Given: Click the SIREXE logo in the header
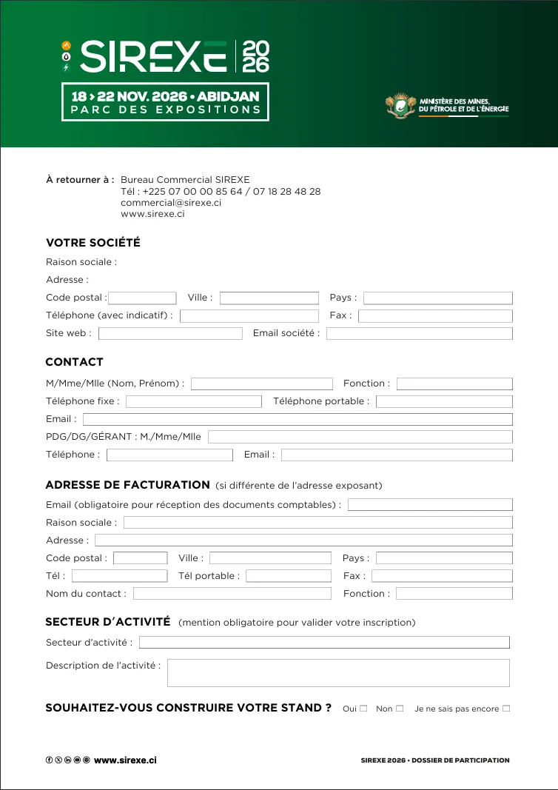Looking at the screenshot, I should pos(167,56).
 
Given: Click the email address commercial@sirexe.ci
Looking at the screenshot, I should pos(171,202).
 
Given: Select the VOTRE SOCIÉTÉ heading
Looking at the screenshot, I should pos(93,243).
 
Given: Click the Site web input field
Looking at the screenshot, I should pos(170,333).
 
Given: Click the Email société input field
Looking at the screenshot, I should pos(419,333).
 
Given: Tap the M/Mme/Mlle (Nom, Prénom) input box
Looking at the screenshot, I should pos(262,384).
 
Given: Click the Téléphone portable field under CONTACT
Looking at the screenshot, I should pos(444,401).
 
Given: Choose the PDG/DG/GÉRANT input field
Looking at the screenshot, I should pos(360,437).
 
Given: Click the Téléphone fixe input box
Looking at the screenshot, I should pos(194,401).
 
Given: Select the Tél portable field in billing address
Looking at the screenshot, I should pos(288,576).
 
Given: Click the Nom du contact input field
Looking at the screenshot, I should pos(232,594).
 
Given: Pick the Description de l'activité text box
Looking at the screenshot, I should pos(338,673).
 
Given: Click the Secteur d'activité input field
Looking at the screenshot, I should pos(324,643).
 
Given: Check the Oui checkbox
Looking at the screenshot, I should pos(363,709).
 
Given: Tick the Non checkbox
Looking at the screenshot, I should pos(400,709).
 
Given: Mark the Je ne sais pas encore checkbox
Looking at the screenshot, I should pos(506,709).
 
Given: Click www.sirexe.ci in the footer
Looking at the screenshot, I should pos(125,760).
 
